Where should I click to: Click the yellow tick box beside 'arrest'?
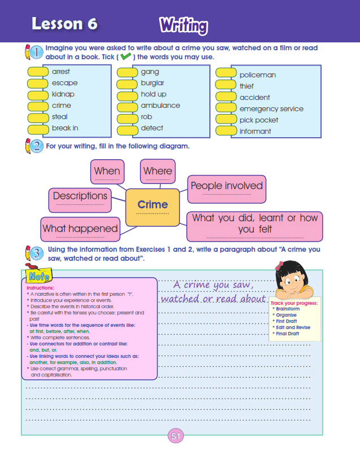click(x=38, y=72)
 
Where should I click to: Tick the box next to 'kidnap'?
click(x=38, y=95)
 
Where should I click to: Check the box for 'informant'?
click(x=226, y=131)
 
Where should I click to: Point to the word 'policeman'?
click(x=257, y=75)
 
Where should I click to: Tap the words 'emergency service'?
click(x=271, y=108)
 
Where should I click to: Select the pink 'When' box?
click(x=107, y=172)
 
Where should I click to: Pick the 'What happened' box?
click(x=80, y=229)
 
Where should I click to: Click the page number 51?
click(x=175, y=436)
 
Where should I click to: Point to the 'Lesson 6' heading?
click(x=64, y=24)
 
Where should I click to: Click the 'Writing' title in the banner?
click(x=183, y=25)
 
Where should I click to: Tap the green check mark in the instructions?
click(x=126, y=57)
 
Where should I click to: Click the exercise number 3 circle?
click(x=36, y=252)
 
